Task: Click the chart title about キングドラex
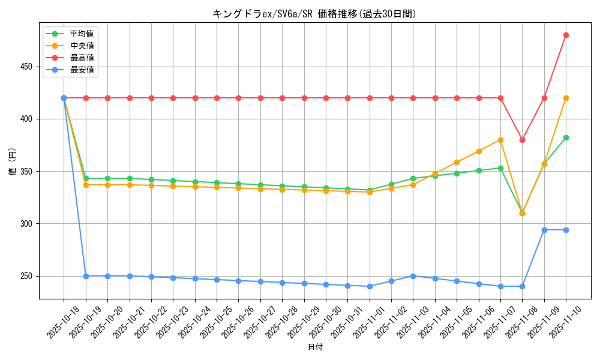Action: click(314, 14)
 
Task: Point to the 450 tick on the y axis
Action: click(27, 67)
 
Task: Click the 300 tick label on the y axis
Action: click(27, 224)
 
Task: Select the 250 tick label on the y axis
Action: click(27, 276)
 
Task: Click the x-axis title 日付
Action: click(315, 347)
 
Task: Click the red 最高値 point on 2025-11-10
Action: click(566, 35)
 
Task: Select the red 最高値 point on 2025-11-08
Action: click(522, 140)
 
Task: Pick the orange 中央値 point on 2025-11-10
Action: click(566, 98)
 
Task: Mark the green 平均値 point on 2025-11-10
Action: click(566, 137)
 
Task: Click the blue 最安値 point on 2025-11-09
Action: click(544, 230)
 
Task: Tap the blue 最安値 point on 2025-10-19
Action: click(86, 276)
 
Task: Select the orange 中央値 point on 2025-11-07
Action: click(500, 140)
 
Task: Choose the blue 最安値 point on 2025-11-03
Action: click(413, 276)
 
